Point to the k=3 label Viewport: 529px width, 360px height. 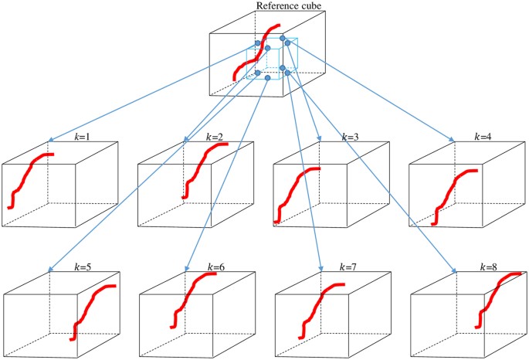[350, 137]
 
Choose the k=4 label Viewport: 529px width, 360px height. [484, 137]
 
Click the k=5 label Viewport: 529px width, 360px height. [83, 267]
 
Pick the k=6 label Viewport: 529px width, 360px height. [216, 267]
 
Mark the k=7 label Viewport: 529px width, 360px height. [350, 267]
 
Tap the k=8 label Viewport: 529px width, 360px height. [486, 267]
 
